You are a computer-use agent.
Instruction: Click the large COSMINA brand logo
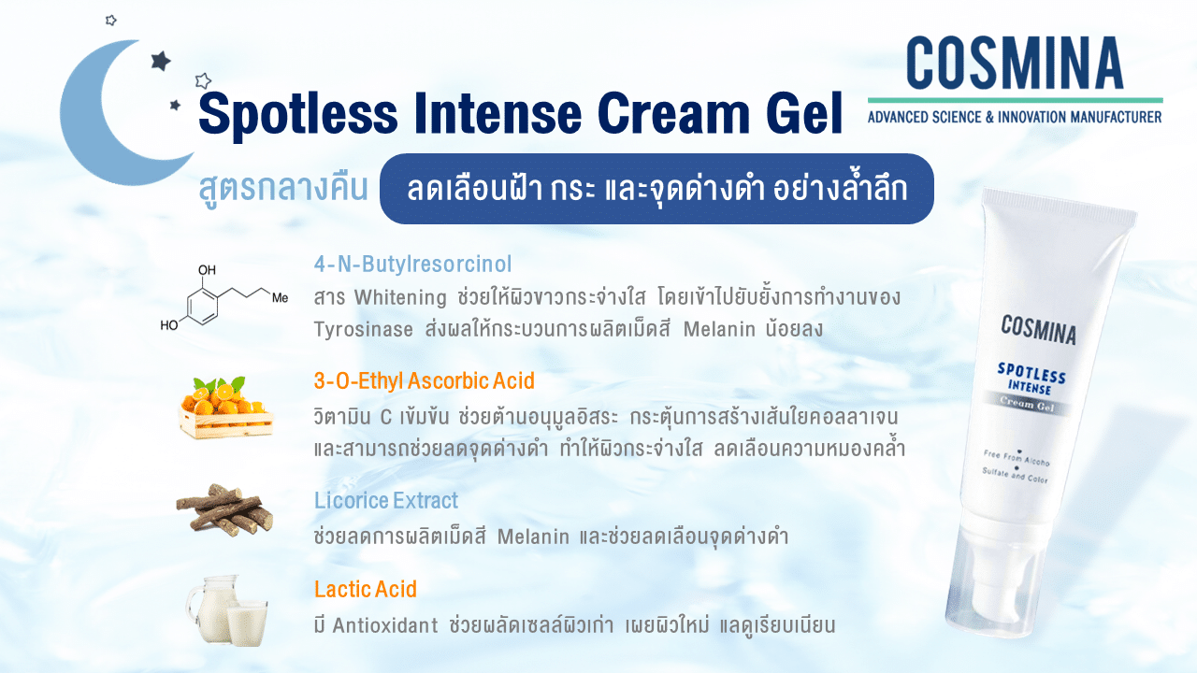(x=1015, y=63)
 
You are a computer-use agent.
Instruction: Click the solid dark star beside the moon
(x=160, y=61)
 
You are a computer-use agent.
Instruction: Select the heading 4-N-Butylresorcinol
(x=412, y=264)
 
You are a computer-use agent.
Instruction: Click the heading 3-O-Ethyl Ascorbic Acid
(x=425, y=380)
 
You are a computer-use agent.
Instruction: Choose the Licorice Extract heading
(x=386, y=500)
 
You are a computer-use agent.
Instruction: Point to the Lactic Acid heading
(x=366, y=589)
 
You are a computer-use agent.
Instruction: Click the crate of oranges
(x=225, y=408)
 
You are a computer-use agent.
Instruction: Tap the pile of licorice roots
(x=225, y=510)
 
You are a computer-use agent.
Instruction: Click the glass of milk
(x=247, y=623)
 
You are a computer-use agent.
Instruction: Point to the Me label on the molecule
(x=280, y=298)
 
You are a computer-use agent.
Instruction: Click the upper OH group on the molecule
(x=207, y=270)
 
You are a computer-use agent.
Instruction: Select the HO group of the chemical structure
(x=169, y=324)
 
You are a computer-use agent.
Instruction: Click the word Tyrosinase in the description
(x=364, y=330)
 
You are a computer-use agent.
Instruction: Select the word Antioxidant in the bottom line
(x=384, y=625)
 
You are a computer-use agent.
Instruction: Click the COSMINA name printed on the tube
(x=1038, y=330)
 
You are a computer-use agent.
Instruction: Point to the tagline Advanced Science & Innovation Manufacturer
(x=1015, y=117)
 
